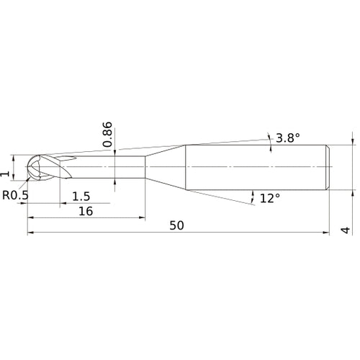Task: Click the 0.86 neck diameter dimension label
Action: (107, 135)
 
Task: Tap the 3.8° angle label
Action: (288, 138)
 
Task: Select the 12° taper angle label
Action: (270, 199)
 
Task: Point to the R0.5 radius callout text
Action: (15, 195)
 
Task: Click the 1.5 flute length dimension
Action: (81, 197)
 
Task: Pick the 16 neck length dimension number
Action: (86, 211)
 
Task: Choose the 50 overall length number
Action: (176, 225)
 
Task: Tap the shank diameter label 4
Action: (346, 230)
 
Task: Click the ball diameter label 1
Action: (5, 174)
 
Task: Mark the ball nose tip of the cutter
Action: (27, 166)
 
